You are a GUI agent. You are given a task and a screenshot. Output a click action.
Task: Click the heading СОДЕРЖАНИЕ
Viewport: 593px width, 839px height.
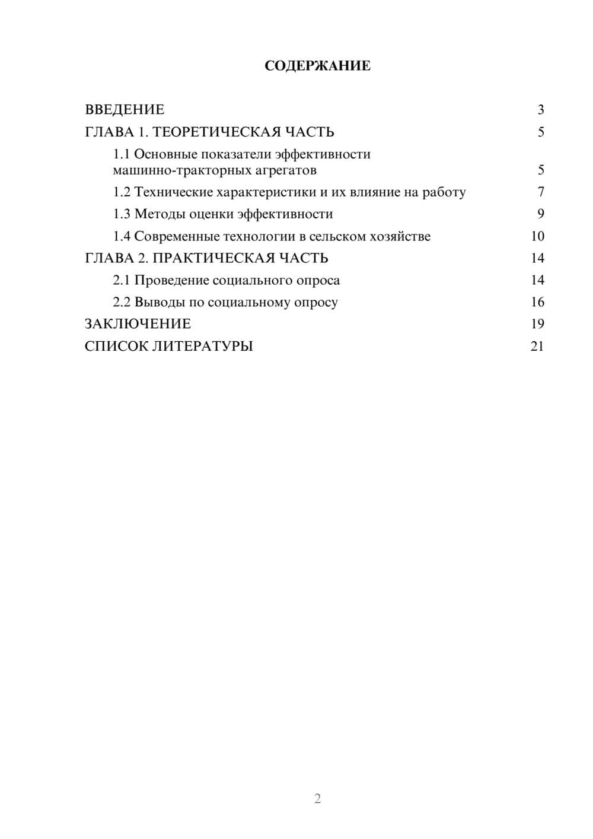(317, 66)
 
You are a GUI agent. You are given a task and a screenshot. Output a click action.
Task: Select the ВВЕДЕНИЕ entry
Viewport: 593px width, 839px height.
(125, 110)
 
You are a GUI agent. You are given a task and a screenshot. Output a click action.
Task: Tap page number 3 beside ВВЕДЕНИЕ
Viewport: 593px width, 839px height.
(541, 110)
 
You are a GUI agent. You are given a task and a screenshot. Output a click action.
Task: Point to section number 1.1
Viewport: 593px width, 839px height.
(122, 154)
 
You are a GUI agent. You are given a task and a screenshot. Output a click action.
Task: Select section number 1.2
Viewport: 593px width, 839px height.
(122, 192)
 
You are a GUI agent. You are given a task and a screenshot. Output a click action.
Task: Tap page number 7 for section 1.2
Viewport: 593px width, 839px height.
(541, 192)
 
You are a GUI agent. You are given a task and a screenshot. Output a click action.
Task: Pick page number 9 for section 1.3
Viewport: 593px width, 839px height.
(541, 214)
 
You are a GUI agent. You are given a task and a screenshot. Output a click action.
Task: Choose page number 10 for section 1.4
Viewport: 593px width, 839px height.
(537, 236)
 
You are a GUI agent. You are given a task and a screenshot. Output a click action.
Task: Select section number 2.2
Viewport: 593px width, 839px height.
(122, 302)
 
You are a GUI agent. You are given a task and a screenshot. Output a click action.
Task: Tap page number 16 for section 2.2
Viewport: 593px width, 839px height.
(537, 302)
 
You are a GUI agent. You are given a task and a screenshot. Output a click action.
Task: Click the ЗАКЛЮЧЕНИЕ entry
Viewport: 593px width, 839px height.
(138, 324)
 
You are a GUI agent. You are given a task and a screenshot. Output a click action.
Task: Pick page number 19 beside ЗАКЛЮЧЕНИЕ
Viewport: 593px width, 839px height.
(537, 324)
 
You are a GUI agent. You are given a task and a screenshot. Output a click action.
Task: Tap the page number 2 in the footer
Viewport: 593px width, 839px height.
(317, 799)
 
